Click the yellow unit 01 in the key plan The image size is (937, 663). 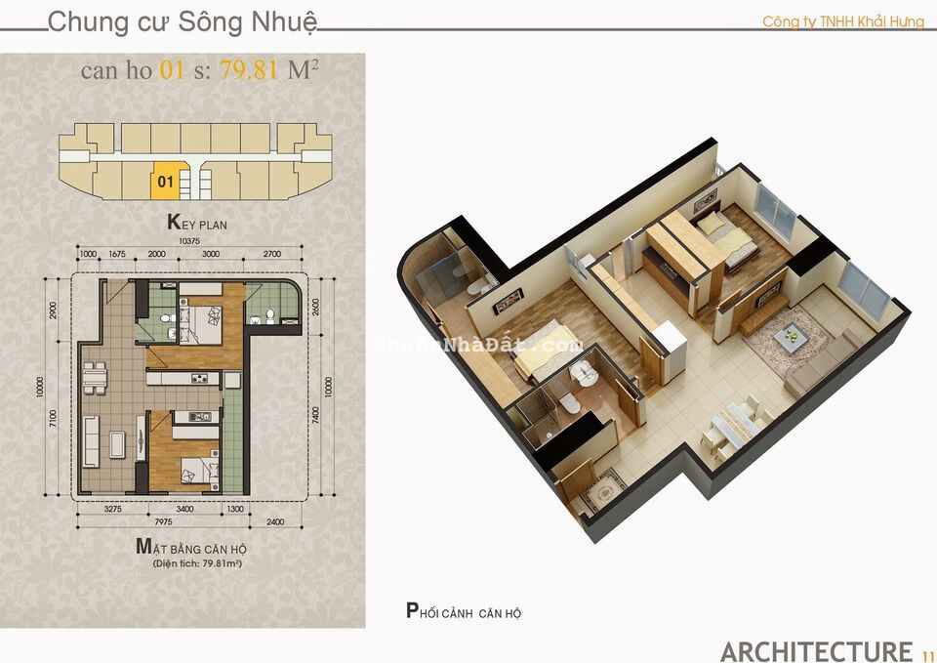165,181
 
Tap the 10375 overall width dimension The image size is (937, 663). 189,241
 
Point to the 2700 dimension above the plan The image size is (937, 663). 271,254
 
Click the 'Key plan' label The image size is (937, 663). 197,223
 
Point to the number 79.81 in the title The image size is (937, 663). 251,70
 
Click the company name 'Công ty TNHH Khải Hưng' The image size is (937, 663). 843,21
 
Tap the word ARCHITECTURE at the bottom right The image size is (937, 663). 816,650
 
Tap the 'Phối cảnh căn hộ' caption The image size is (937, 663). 464,612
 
